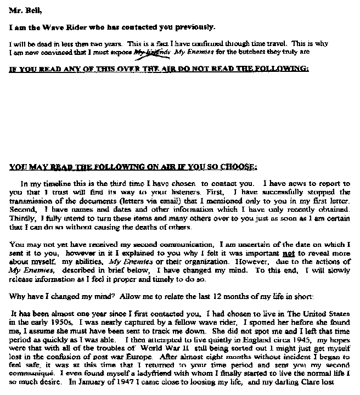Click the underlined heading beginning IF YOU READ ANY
click(159, 69)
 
